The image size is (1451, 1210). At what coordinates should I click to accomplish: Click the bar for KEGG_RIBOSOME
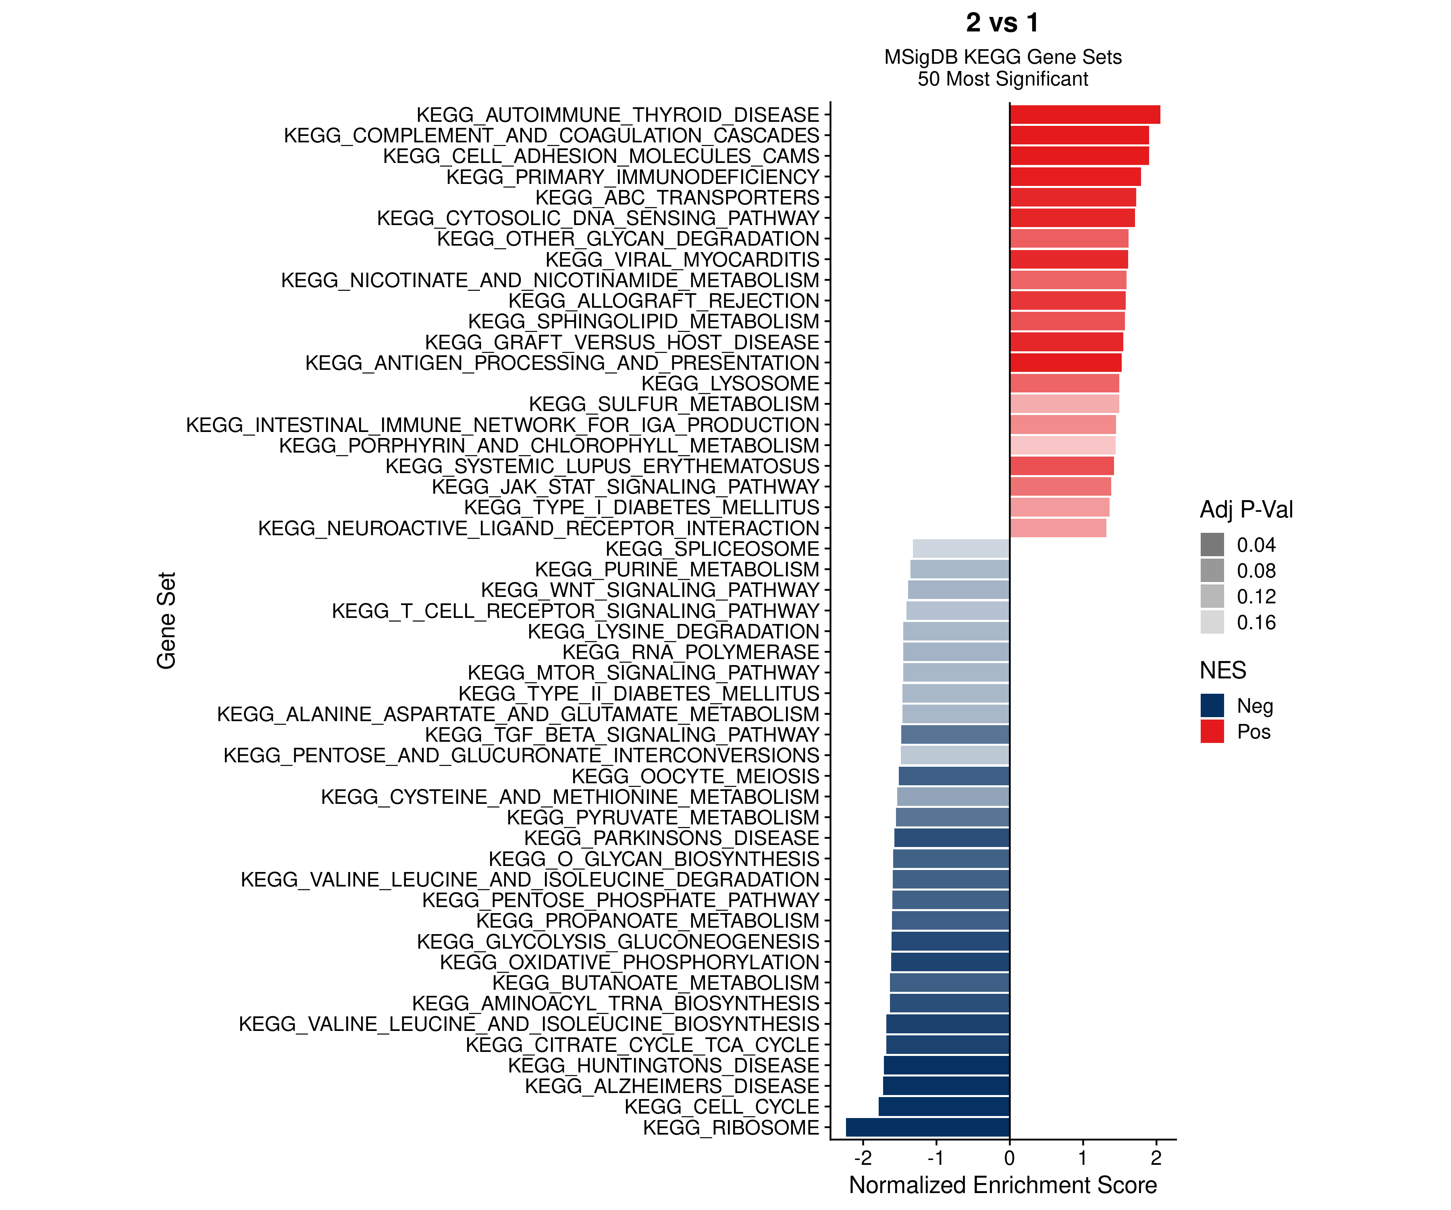coord(927,1127)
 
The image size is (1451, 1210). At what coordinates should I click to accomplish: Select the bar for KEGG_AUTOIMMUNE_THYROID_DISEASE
coord(1085,115)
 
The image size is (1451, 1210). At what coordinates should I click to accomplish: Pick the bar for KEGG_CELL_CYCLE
coord(944,1106)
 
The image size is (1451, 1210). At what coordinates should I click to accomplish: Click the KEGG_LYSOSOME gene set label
coord(730,384)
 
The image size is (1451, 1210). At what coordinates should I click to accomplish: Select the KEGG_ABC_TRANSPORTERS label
coord(677,198)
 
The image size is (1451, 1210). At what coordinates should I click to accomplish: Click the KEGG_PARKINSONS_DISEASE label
coord(671,838)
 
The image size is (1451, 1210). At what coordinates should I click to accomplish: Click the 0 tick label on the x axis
coord(1010,1158)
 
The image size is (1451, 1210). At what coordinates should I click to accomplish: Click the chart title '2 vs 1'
coord(1002,23)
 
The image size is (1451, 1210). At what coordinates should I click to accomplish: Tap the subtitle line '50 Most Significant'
coord(1002,79)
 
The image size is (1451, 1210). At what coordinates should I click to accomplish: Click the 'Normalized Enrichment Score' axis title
coord(1002,1185)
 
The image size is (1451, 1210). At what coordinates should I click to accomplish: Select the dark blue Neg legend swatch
coord(1212,705)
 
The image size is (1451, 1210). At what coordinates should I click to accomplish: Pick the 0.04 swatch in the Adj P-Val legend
coord(1212,545)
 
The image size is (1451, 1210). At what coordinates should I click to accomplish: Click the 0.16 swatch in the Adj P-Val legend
coord(1212,622)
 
